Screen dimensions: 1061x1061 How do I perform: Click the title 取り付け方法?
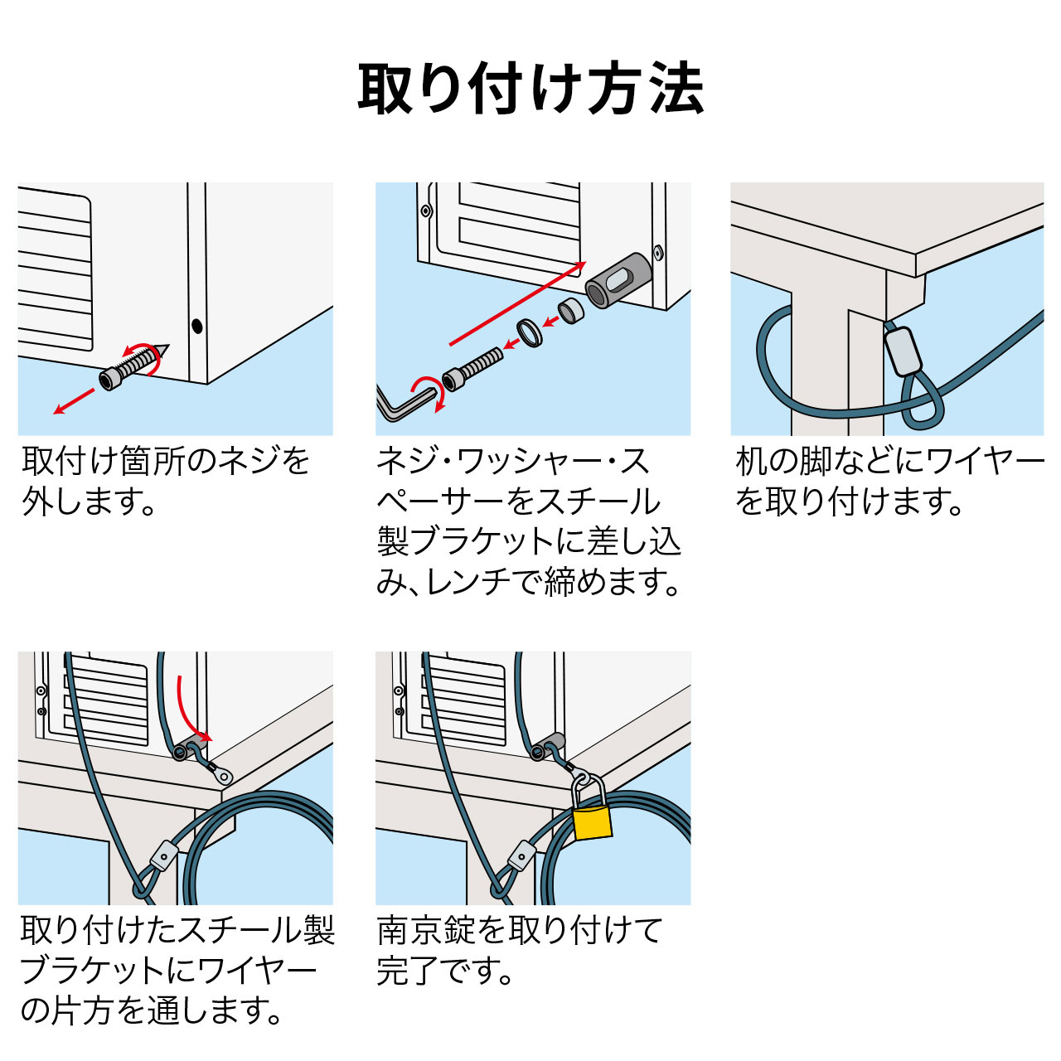[530, 89]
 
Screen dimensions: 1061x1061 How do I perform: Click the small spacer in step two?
[570, 311]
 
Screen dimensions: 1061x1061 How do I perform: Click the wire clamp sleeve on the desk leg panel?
[902, 351]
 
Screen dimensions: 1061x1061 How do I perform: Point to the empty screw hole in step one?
[196, 326]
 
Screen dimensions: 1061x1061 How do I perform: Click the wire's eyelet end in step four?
[222, 776]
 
